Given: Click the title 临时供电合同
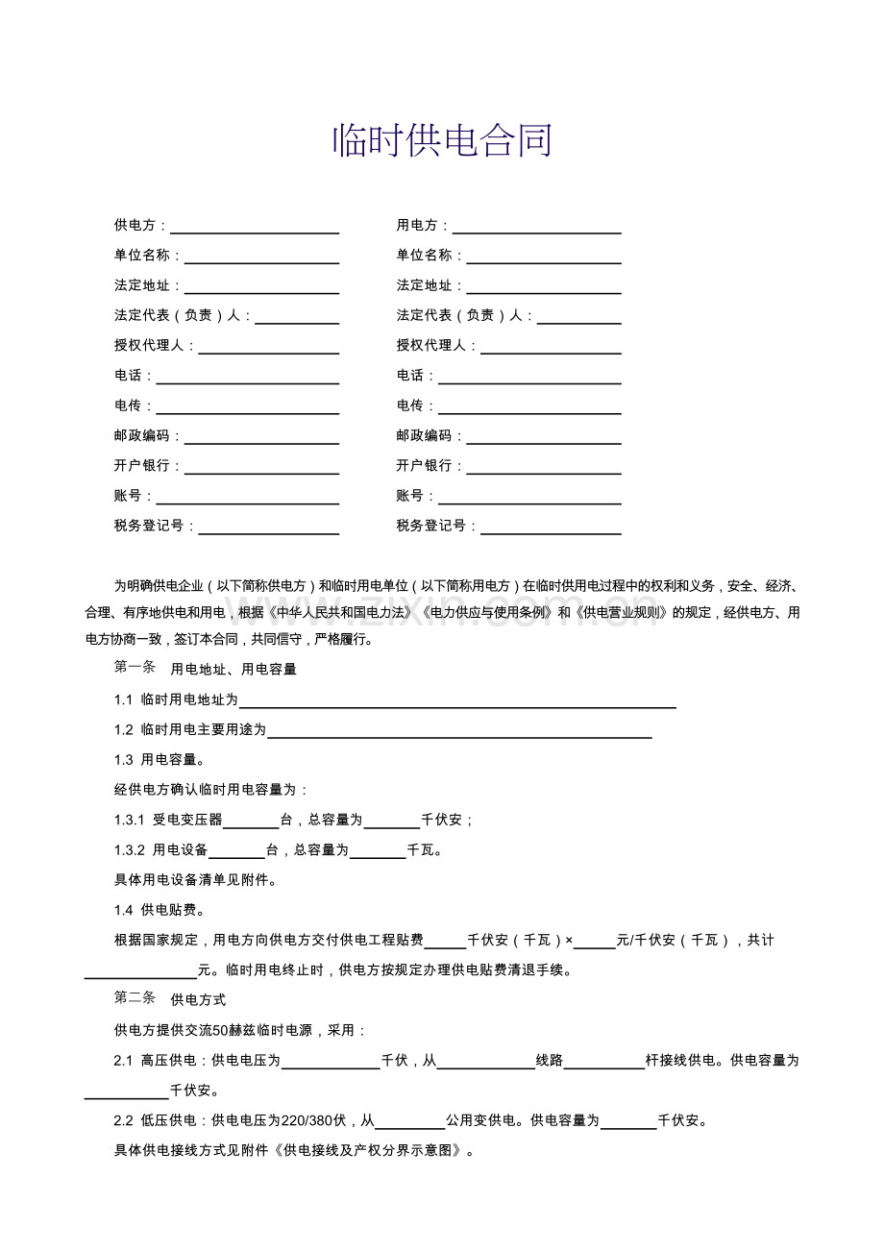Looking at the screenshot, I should coord(442,141).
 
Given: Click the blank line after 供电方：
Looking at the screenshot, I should coord(255,227).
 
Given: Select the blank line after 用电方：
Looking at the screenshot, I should coord(537,227).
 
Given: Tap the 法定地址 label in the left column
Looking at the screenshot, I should coord(141,285).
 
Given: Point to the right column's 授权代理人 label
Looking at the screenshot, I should coord(430,346).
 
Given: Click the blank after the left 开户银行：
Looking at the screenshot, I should coord(261,467).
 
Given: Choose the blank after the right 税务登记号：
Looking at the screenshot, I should coord(551,527).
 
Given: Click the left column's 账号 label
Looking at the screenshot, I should coord(128,496).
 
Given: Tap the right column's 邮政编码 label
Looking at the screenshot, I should coord(424,436).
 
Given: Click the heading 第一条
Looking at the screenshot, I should coord(135,668).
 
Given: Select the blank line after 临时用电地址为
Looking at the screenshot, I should coord(457,701).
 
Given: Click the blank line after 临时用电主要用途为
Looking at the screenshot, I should coord(459,731).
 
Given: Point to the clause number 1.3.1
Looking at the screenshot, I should coord(129,821).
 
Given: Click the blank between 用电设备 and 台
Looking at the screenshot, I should coord(236,851).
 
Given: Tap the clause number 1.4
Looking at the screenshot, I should coord(123,910).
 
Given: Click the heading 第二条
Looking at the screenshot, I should coord(135,999).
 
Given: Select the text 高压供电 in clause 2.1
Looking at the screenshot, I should coord(168,1061).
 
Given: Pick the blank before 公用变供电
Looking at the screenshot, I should coord(409,1122).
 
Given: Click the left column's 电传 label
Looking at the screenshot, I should coord(128,405).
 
